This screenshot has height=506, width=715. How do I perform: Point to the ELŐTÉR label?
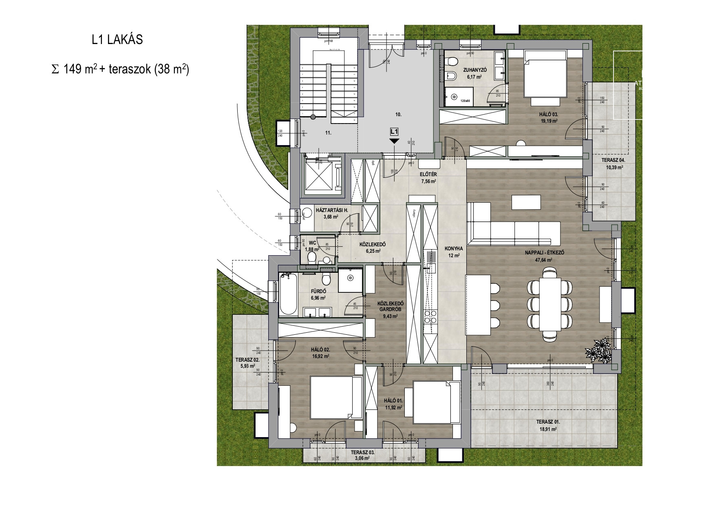click(428, 175)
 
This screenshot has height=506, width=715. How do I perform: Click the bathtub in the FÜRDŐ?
click(288, 294)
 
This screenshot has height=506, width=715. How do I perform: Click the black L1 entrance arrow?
click(394, 141)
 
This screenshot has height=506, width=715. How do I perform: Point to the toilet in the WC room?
click(312, 257)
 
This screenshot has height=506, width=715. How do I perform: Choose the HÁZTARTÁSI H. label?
click(332, 210)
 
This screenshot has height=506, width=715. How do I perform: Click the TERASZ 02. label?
click(247, 360)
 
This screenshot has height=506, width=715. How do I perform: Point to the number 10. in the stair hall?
click(398, 115)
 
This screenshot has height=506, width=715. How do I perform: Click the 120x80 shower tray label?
click(466, 100)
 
